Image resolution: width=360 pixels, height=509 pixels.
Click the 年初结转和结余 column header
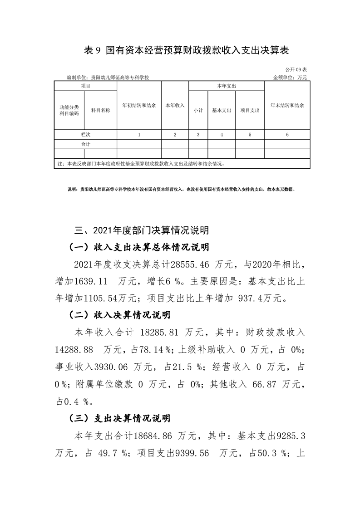(139, 105)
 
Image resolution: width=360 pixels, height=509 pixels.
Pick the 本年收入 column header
(174, 105)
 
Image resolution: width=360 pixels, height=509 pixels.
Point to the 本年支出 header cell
(226, 86)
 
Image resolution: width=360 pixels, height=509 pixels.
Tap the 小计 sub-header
(198, 110)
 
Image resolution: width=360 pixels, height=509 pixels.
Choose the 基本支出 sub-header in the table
(222, 110)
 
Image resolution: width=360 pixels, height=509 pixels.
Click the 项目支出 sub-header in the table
(250, 110)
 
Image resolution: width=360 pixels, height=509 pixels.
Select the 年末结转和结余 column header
(287, 105)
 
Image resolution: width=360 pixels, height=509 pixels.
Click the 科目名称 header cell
(101, 110)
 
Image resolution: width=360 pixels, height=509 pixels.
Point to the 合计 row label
(86, 144)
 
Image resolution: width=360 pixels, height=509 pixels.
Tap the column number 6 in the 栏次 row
(287, 134)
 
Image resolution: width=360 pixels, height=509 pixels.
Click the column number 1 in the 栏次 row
(139, 134)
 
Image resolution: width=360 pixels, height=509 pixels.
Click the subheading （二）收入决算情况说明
(119, 314)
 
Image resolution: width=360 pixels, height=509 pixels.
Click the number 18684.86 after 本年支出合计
(155, 436)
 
